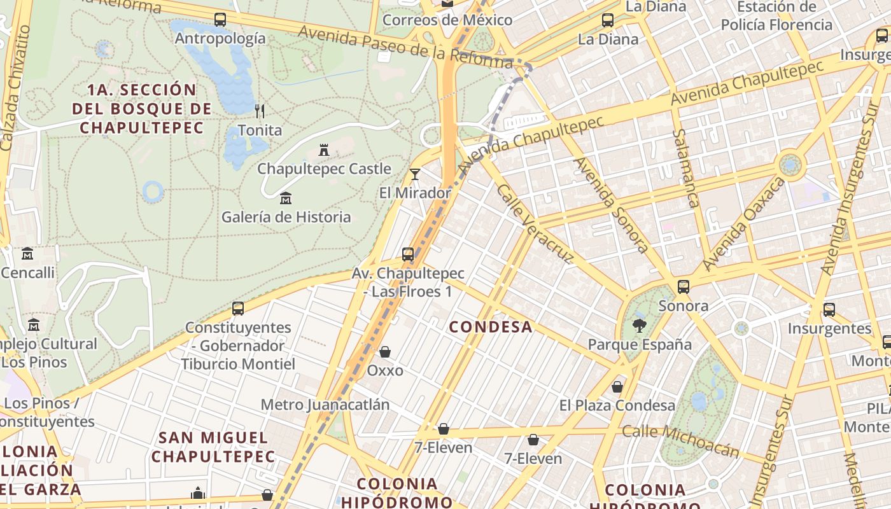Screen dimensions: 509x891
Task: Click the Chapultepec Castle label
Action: coord(324,169)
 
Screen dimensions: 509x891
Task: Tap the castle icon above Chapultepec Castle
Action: coord(324,150)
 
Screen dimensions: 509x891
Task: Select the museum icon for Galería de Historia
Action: coord(286,198)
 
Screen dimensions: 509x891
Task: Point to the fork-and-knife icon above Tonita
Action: coord(259,111)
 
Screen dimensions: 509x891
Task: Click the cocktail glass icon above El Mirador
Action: coord(415,174)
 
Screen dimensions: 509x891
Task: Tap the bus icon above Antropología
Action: coord(220,20)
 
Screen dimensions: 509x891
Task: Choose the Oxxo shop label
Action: coord(385,370)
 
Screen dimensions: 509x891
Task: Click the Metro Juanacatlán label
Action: coord(325,405)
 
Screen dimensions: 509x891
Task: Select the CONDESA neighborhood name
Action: coord(491,327)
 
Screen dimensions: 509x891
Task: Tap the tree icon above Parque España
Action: coord(640,326)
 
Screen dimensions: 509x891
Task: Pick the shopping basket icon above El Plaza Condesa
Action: coord(617,387)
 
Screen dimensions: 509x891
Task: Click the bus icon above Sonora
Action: coord(684,287)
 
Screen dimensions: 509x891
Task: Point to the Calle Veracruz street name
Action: coord(535,224)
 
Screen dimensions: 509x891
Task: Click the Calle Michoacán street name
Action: coord(680,440)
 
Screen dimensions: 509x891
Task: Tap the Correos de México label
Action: coord(447,20)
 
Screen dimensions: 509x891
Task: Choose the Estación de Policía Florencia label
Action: coord(776,16)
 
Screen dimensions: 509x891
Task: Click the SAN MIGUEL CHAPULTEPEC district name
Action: coord(213,447)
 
